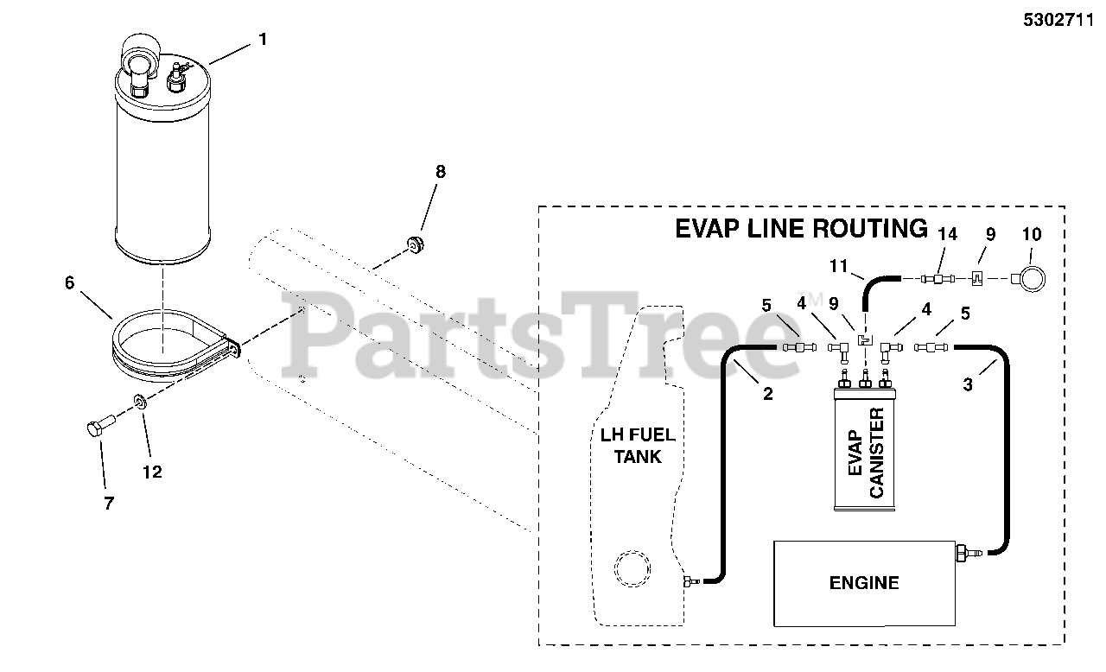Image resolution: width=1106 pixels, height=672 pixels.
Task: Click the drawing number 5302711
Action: tap(1062, 22)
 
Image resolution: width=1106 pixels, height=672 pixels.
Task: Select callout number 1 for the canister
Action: tap(263, 39)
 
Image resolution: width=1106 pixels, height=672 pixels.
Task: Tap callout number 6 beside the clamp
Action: tap(70, 282)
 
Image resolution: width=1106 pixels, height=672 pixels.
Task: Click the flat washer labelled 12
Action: tap(140, 403)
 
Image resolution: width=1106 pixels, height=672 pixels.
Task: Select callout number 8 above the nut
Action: tap(441, 172)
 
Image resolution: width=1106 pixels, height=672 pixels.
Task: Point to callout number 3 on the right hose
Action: tap(968, 385)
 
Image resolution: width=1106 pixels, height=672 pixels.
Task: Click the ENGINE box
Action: tap(864, 583)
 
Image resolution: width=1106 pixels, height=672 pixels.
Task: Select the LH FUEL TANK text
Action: tap(638, 446)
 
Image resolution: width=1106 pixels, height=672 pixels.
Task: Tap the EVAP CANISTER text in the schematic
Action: tap(864, 453)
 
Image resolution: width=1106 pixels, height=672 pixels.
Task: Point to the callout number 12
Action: tap(151, 472)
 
